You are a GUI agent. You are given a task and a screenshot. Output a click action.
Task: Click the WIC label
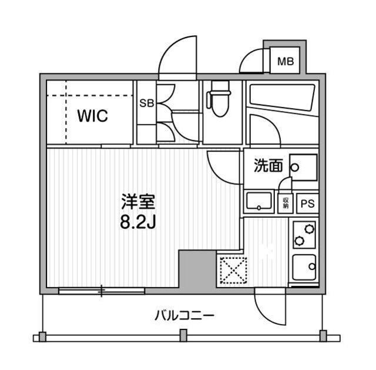point(93,116)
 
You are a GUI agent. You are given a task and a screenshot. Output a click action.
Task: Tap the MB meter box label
point(286,61)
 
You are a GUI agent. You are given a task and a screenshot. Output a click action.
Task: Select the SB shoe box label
point(146,103)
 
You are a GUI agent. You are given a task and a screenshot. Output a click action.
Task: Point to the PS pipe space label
point(306,204)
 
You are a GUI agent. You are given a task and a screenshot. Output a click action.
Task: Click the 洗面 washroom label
point(268,166)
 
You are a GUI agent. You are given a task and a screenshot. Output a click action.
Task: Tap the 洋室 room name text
point(137,203)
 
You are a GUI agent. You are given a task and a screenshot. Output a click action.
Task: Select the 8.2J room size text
point(138,223)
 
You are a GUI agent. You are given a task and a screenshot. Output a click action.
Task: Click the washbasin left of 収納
point(258,202)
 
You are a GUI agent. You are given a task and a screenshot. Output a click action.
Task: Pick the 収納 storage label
point(286,203)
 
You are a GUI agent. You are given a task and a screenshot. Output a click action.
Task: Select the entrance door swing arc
point(176,56)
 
